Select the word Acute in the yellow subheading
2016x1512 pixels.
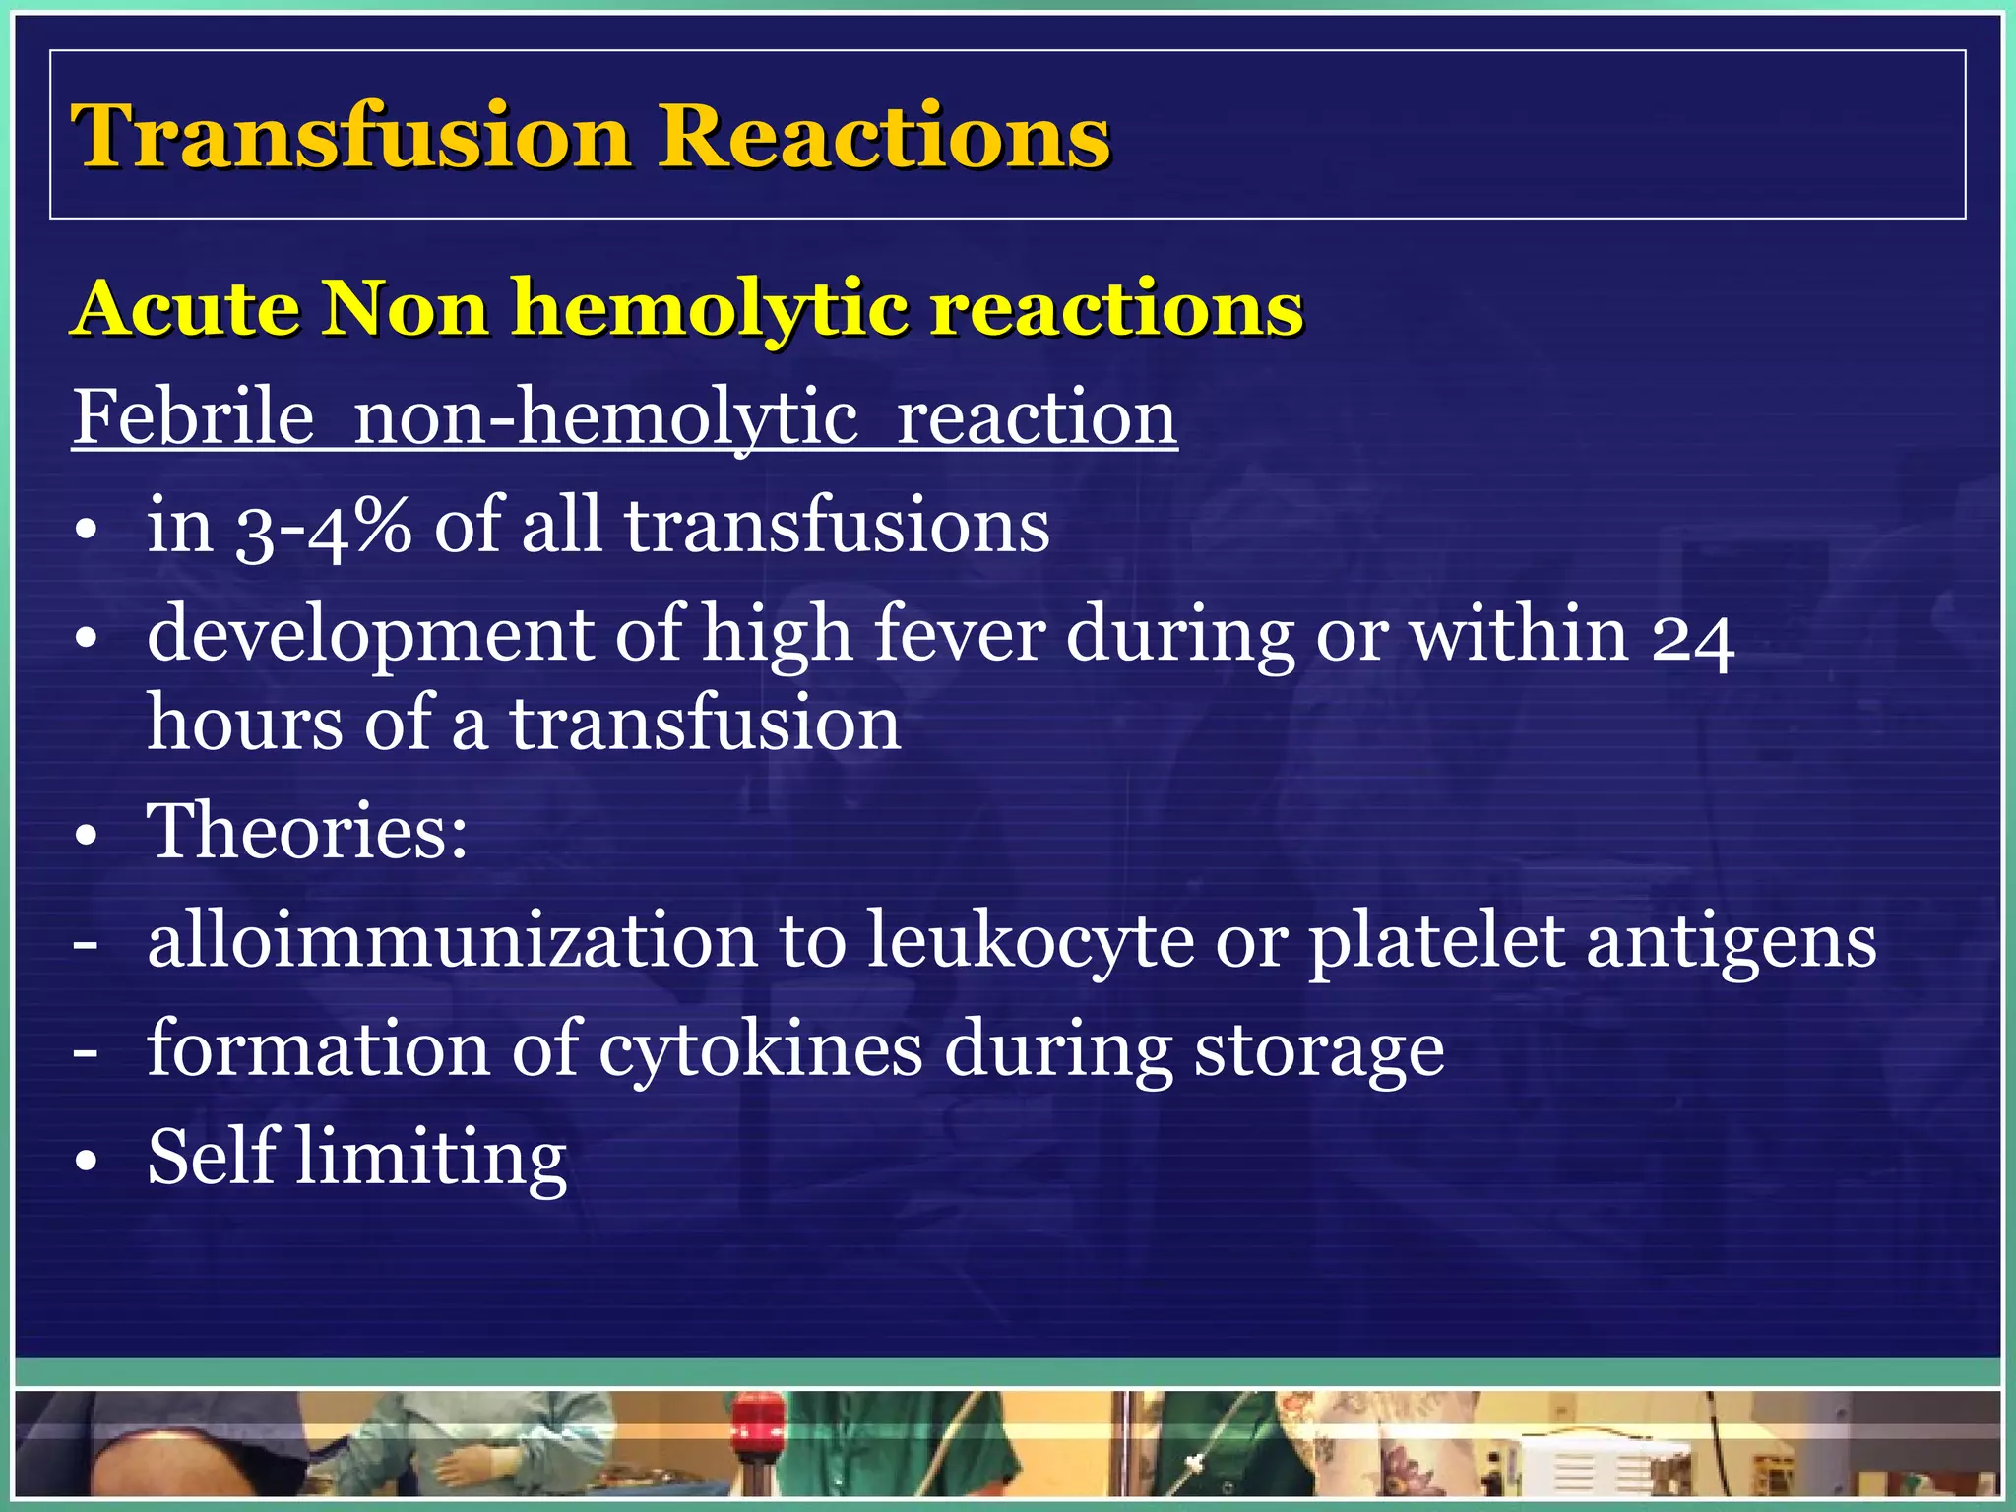point(187,308)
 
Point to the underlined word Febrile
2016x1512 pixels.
point(193,417)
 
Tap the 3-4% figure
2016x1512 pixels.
point(323,527)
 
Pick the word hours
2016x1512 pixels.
point(245,724)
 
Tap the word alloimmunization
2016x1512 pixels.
point(452,941)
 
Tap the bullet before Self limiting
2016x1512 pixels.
point(87,1161)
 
